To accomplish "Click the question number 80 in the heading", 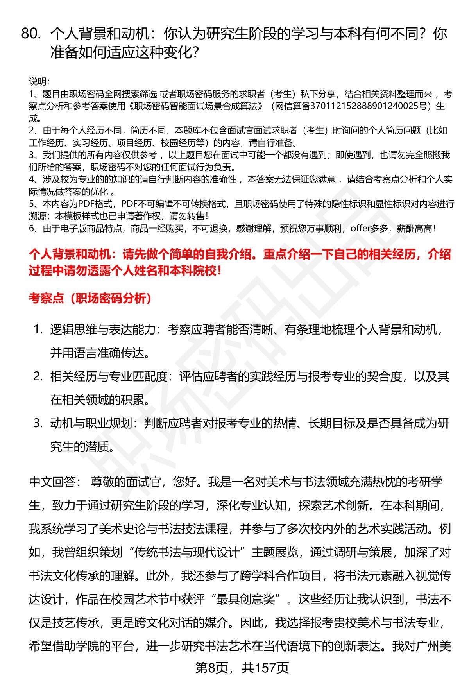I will (x=31, y=34).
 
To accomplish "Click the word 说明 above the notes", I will (x=39, y=82).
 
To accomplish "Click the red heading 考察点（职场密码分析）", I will (x=90, y=299).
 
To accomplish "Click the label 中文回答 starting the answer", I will (x=53, y=482).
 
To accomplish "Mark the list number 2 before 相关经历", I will (x=38, y=376).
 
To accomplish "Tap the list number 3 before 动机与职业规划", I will (x=38, y=423).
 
